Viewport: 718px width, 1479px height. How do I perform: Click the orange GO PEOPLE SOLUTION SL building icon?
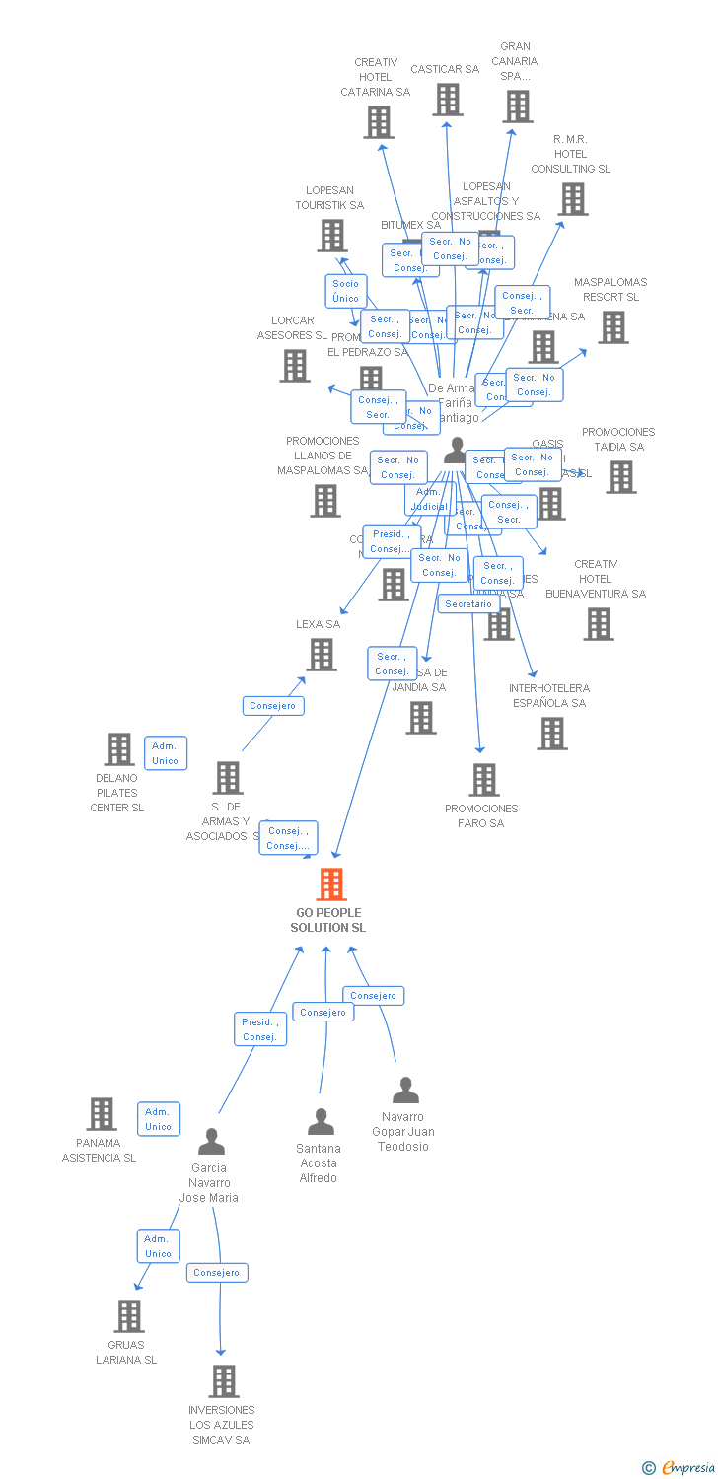click(331, 884)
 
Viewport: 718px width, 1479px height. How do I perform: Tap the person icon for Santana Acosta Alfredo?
click(321, 1122)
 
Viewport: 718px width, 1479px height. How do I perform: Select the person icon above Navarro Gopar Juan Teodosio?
click(405, 1090)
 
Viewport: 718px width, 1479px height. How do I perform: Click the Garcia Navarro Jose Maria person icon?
click(211, 1142)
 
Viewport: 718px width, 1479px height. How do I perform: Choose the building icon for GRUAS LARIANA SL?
click(129, 1316)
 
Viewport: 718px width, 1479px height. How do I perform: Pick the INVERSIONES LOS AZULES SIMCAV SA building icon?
click(224, 1381)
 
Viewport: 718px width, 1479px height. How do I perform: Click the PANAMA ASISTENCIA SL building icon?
click(102, 1114)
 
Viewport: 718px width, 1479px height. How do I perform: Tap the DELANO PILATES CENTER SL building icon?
click(119, 749)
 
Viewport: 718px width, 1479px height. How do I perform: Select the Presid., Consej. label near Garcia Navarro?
click(260, 1029)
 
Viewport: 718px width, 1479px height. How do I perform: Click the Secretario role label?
click(468, 603)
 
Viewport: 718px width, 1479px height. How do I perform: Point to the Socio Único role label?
click(346, 291)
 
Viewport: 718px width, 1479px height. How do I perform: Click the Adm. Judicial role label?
click(429, 499)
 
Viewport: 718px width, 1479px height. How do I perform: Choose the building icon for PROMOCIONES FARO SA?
click(483, 780)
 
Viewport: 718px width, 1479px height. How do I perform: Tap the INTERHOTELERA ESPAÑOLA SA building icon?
click(552, 733)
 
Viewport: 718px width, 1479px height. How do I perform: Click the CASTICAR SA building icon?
click(448, 100)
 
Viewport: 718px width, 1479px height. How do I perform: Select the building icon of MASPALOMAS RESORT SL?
click(613, 327)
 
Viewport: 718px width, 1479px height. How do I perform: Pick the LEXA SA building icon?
click(322, 655)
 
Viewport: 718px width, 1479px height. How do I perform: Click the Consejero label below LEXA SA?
click(273, 706)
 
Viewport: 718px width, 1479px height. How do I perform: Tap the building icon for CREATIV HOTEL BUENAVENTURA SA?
click(598, 624)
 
